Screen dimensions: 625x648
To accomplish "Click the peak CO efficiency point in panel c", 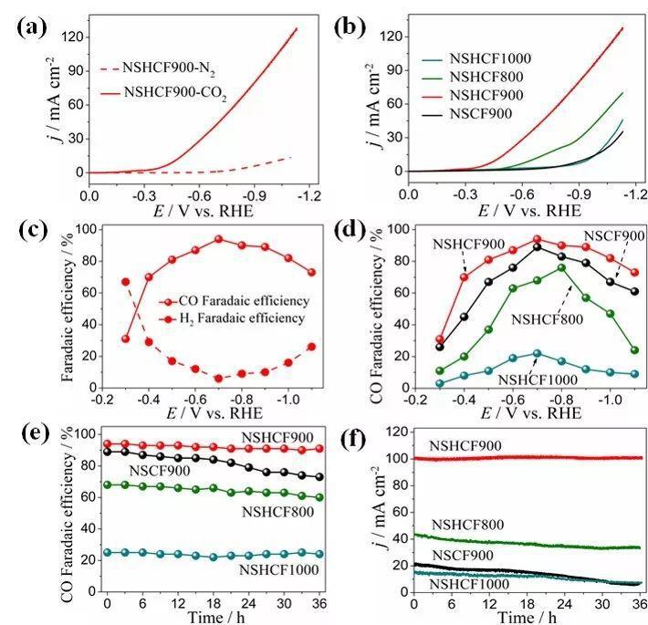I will pos(219,239).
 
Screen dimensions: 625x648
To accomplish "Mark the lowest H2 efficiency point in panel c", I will pos(219,378).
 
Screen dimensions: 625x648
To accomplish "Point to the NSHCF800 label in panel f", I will pos(470,524).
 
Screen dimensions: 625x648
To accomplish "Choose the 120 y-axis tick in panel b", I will pos(389,36).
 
